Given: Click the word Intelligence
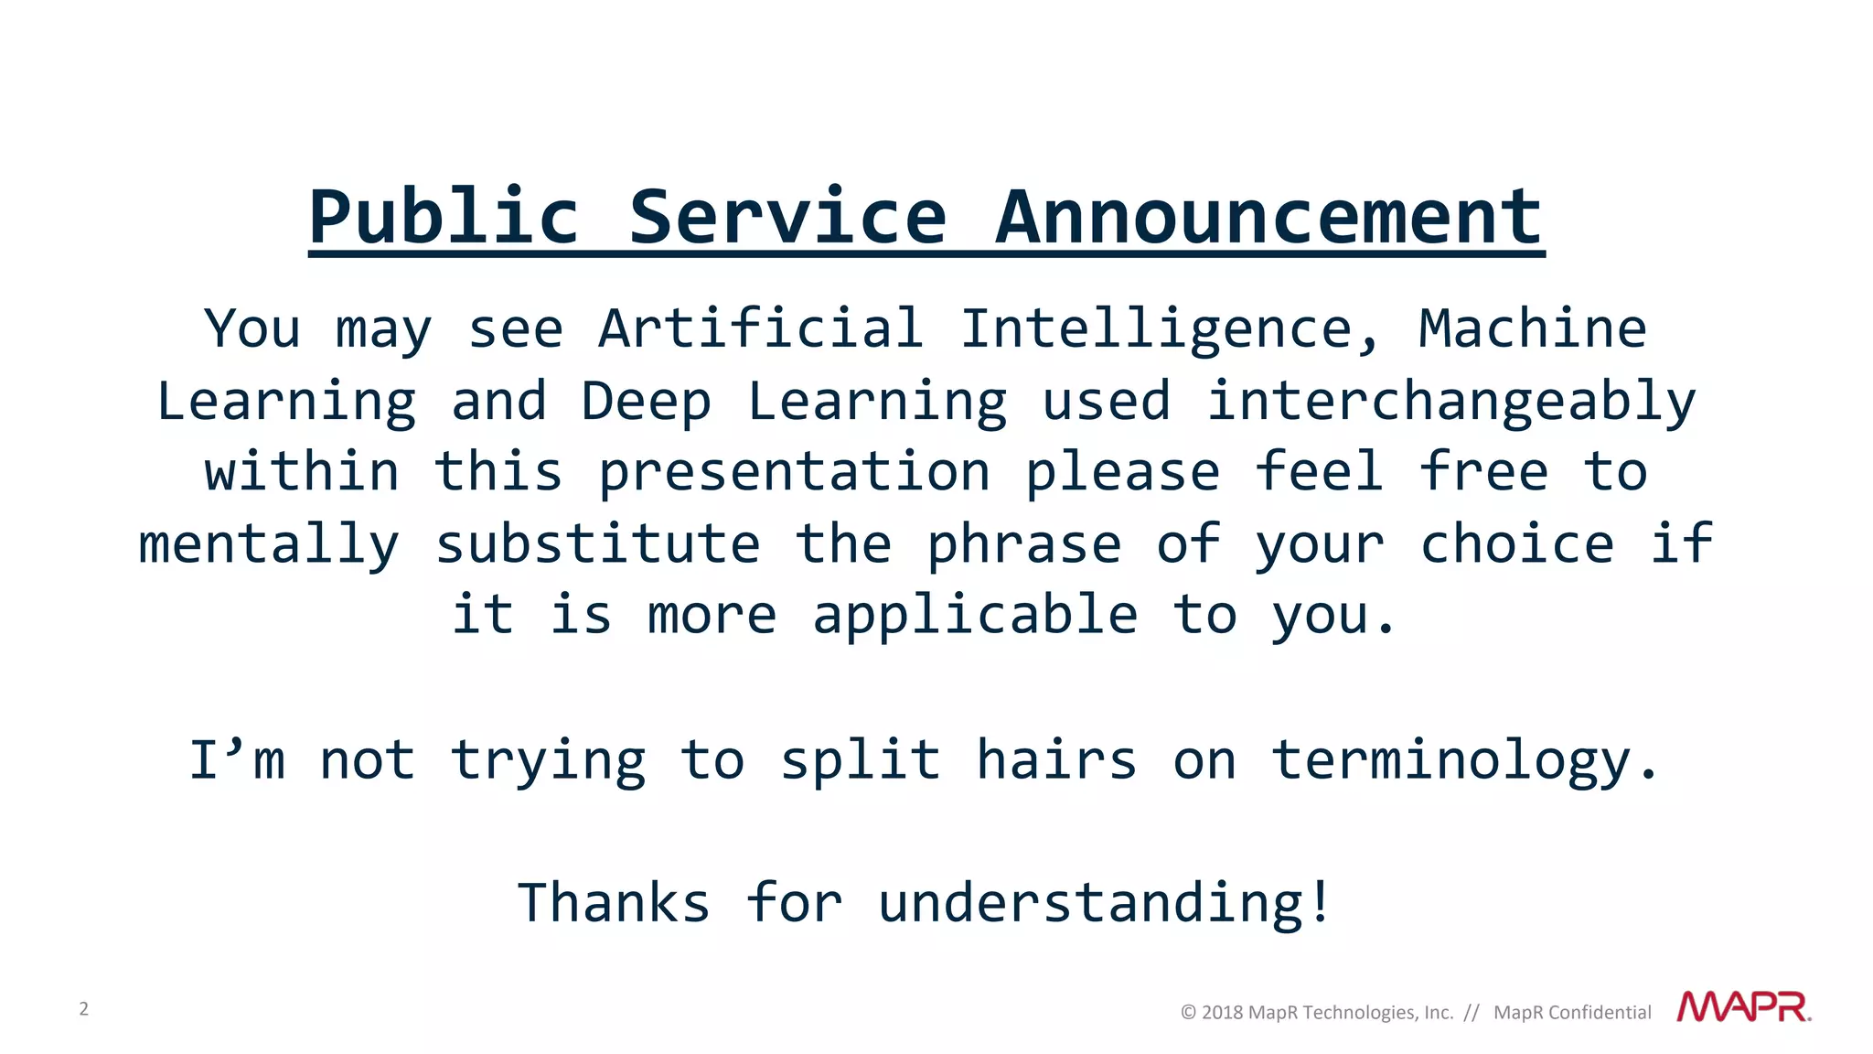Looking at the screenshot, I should [1156, 330].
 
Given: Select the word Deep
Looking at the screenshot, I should [646, 403].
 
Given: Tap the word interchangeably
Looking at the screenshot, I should [1451, 403].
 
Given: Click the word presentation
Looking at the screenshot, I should [794, 474].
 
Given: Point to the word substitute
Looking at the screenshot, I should [597, 544].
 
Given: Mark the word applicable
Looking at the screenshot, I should [975, 616].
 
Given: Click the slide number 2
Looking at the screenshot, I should [84, 1009].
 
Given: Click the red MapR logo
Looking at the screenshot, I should [1743, 1007].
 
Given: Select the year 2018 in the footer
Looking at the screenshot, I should [1222, 1013].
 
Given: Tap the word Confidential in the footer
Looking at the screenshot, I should [1600, 1013].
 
